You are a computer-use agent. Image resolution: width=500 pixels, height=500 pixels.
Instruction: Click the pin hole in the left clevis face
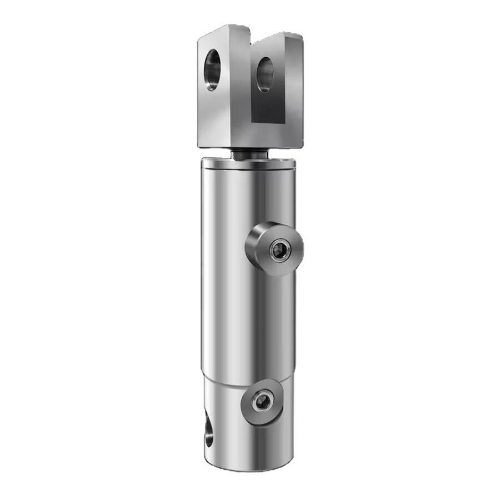pyautogui.click(x=212, y=70)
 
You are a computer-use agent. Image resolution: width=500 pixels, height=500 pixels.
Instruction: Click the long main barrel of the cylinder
pyautogui.click(x=233, y=278)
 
